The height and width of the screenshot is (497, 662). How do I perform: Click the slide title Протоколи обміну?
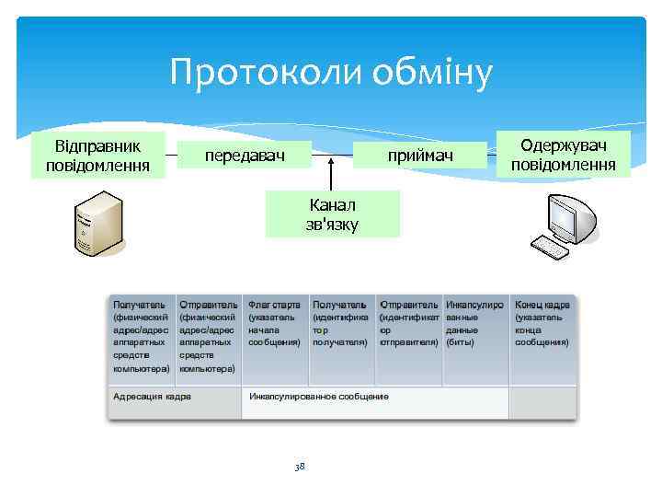[332, 73]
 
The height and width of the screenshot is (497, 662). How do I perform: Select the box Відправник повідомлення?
[97, 156]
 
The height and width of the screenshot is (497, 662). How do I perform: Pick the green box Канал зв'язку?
[332, 214]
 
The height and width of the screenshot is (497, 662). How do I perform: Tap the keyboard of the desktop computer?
[550, 246]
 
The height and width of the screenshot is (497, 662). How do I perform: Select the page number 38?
[299, 468]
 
